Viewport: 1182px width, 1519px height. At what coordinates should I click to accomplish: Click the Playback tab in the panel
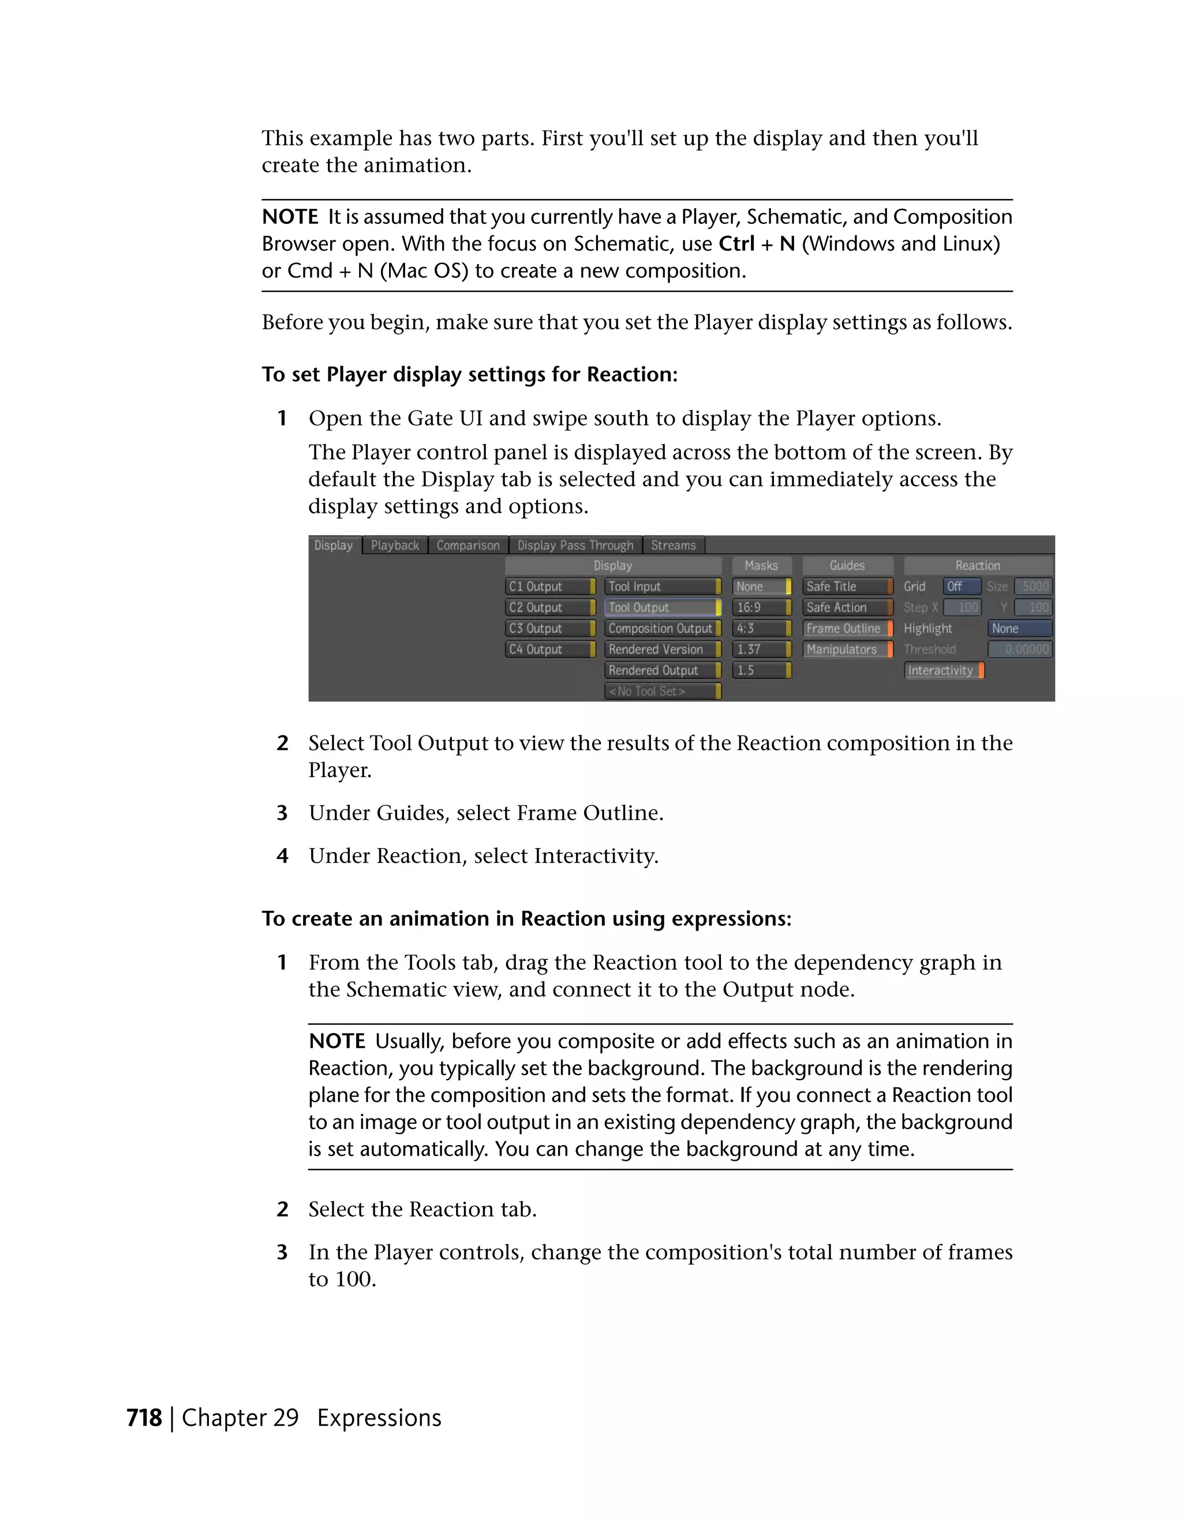(x=394, y=545)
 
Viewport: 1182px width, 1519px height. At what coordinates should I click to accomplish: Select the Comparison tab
(x=467, y=545)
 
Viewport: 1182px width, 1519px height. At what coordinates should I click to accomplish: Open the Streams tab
(x=673, y=545)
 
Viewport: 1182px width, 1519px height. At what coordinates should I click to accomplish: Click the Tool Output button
(x=661, y=607)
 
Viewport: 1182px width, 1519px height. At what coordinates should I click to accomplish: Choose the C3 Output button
(x=549, y=628)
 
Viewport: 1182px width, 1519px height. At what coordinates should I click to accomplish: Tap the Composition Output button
(x=661, y=628)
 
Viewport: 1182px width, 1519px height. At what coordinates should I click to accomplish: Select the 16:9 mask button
(x=761, y=607)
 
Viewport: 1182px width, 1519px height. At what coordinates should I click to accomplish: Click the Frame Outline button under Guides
(x=847, y=628)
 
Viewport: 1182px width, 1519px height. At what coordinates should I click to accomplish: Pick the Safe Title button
(x=847, y=586)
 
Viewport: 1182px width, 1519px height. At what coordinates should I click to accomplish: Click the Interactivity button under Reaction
(x=944, y=670)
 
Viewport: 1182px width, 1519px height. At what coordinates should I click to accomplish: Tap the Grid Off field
(x=962, y=586)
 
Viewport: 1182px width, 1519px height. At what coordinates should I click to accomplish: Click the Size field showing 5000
(x=1033, y=586)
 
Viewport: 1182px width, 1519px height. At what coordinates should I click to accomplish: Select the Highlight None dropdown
(x=1019, y=628)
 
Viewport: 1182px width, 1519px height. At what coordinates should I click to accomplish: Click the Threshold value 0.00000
(x=1019, y=649)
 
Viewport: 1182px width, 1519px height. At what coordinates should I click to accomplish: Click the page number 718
(x=144, y=1418)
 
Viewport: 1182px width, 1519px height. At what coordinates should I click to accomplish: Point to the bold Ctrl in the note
(x=736, y=244)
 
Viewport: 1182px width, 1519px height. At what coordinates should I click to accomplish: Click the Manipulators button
(x=847, y=649)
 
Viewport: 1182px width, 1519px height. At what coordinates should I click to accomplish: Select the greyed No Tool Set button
(x=661, y=691)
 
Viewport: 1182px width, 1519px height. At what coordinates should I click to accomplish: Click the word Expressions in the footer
(x=379, y=1418)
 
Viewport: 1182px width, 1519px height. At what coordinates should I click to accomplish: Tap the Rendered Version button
(x=661, y=649)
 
